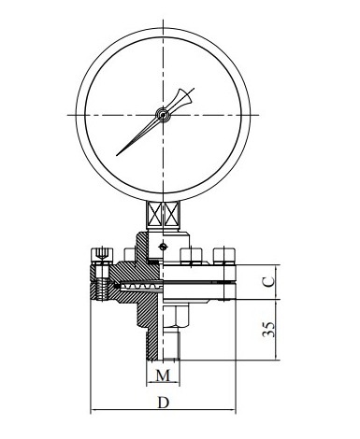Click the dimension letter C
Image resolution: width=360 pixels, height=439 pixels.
pyautogui.click(x=268, y=281)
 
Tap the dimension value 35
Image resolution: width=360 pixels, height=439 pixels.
pyautogui.click(x=268, y=329)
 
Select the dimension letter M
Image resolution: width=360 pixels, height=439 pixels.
pyautogui.click(x=163, y=375)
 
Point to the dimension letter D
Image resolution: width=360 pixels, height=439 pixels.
pyautogui.click(x=163, y=403)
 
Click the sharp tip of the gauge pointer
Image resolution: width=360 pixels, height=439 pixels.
pyautogui.click(x=117, y=155)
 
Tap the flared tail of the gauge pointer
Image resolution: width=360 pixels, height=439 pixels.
pyautogui.click(x=185, y=96)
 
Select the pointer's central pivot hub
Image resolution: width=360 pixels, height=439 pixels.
pyautogui.click(x=163, y=115)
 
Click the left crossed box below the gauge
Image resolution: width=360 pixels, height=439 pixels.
pyautogui.click(x=154, y=214)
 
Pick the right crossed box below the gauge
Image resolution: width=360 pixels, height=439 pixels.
pyautogui.click(x=171, y=214)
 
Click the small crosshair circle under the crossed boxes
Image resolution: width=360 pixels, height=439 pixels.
pyautogui.click(x=163, y=247)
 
